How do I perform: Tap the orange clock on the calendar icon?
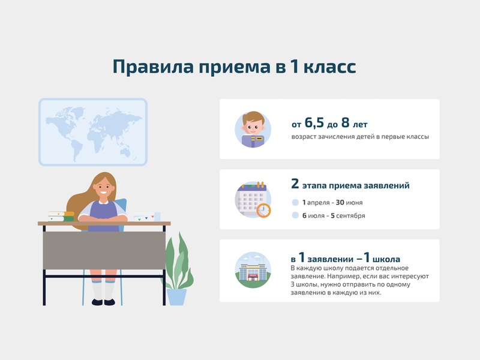point(263,211)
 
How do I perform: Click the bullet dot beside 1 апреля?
point(295,203)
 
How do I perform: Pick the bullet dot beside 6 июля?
point(295,215)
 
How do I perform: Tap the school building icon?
point(253,270)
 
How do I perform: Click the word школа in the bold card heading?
point(382,259)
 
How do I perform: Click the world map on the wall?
point(93,131)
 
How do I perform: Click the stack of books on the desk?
point(61,216)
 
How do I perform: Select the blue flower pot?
point(177,296)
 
